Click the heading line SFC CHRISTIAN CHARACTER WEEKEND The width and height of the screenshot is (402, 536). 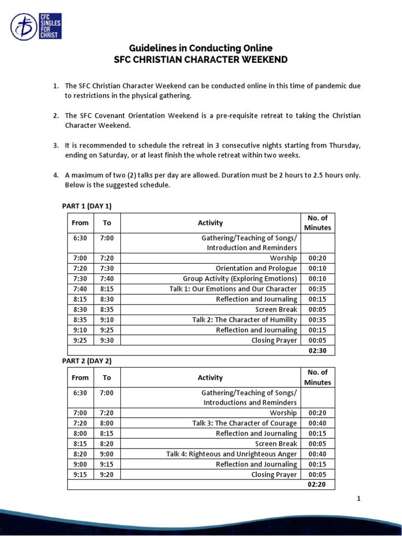[x=201, y=59]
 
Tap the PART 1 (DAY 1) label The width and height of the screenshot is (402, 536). [x=87, y=206]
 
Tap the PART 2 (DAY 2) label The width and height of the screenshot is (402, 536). [x=87, y=361]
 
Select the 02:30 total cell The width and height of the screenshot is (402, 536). [x=317, y=350]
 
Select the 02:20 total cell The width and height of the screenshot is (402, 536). [x=317, y=485]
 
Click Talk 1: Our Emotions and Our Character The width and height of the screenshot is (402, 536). [x=233, y=289]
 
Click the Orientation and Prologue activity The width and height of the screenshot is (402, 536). [x=256, y=269]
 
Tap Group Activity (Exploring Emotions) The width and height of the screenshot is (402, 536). [x=240, y=278]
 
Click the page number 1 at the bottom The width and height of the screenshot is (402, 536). [x=359, y=499]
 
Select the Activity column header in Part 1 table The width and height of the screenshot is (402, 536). [x=210, y=223]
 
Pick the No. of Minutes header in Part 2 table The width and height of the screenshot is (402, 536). [x=317, y=377]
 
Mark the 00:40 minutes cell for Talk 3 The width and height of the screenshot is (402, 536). [x=317, y=423]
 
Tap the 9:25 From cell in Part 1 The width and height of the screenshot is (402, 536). [x=80, y=340]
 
